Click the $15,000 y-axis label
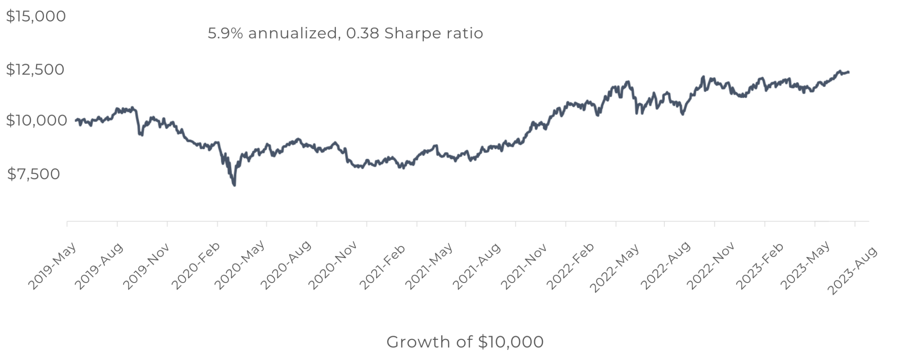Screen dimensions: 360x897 [35, 16]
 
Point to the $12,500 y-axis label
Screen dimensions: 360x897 [35, 69]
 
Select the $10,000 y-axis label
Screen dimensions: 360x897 [35, 120]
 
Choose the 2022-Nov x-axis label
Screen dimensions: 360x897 [710, 266]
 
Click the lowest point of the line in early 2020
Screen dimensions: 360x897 [234, 185]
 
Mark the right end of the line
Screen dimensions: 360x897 [848, 72]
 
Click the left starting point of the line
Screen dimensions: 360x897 [76, 120]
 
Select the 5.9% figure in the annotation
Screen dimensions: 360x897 [225, 33]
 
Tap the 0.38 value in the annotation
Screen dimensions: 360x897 [362, 33]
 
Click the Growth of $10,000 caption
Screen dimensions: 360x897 [465, 342]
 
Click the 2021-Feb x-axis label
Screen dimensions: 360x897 [382, 266]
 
